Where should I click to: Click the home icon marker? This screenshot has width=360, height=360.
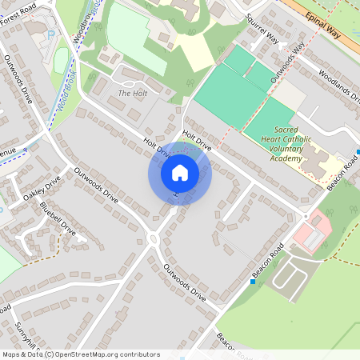pyautogui.click(x=180, y=172)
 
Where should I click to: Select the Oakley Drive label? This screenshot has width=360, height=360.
pyautogui.click(x=42, y=190)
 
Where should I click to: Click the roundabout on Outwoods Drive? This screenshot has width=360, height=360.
pyautogui.click(x=153, y=238)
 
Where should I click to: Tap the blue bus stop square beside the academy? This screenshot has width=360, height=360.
pyautogui.click(x=358, y=151)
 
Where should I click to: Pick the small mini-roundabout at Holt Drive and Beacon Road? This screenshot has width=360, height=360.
pyautogui.click(x=305, y=216)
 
